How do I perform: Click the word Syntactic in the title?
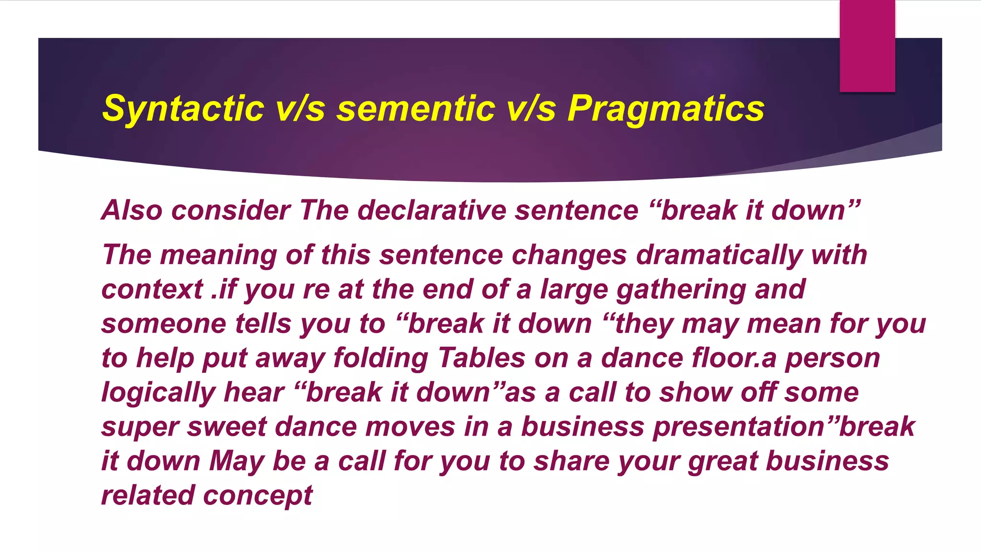click(183, 109)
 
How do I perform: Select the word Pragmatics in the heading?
click(666, 109)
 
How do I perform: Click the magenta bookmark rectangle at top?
click(867, 46)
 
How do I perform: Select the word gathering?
click(681, 289)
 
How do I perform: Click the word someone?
click(163, 323)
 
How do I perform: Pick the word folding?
click(380, 358)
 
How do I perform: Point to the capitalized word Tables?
click(481, 358)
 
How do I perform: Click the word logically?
click(158, 392)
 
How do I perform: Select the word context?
click(152, 289)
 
